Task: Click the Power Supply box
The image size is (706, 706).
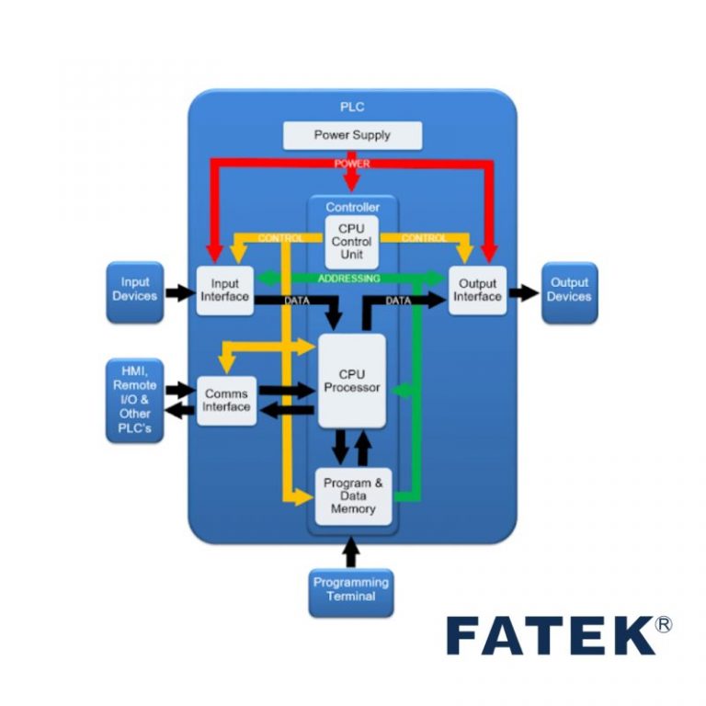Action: tap(352, 135)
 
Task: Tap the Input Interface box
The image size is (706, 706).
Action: tap(224, 290)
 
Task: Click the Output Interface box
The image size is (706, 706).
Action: tap(477, 290)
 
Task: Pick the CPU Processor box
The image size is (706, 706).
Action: tap(352, 381)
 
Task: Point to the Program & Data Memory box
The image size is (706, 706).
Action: tap(353, 496)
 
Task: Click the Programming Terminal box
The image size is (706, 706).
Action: tap(351, 589)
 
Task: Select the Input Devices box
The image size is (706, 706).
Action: tap(135, 290)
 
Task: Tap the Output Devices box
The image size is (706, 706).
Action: tap(569, 290)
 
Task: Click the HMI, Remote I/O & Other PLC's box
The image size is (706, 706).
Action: tap(135, 401)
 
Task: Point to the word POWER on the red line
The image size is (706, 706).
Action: tap(352, 164)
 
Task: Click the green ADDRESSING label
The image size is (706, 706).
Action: tap(348, 278)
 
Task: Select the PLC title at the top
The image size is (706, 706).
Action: tap(352, 107)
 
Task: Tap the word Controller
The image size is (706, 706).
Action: tap(352, 208)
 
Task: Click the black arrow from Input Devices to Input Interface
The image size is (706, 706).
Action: tap(180, 294)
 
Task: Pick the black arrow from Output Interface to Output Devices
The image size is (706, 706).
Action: tap(523, 294)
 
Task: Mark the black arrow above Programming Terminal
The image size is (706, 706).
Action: tap(349, 552)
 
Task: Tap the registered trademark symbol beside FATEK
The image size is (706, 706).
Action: tap(664, 624)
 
